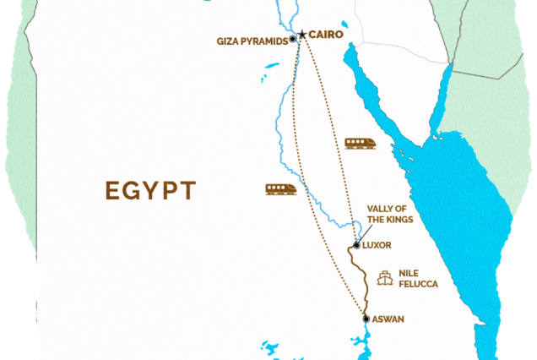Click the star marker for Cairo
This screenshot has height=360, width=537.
pos(301,35)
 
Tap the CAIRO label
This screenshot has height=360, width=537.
pos(327,35)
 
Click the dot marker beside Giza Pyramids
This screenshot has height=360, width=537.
pos(292,39)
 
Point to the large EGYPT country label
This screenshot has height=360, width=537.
pos(151,189)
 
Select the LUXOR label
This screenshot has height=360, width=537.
pos(377,245)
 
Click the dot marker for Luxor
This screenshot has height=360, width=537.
pos(357,246)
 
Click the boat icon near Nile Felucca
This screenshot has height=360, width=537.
pos(386,277)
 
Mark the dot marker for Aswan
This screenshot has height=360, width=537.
pos(366,319)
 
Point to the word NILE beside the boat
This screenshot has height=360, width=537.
pos(409,273)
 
